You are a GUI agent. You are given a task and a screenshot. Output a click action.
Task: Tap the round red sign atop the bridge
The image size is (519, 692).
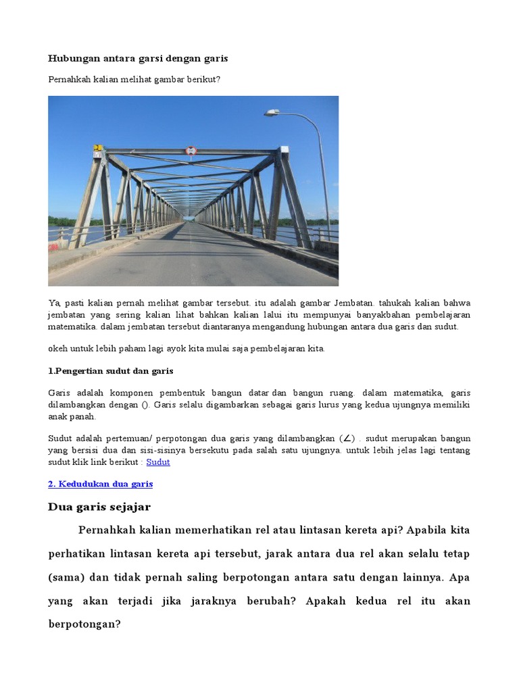click(191, 150)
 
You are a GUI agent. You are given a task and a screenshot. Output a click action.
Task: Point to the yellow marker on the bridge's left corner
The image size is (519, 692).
click(98, 148)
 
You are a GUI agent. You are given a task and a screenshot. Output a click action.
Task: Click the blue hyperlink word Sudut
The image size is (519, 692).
click(158, 462)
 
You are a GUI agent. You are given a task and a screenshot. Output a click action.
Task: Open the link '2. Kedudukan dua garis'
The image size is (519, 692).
click(101, 484)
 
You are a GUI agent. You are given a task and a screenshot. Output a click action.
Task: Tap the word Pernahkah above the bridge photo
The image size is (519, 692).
click(70, 79)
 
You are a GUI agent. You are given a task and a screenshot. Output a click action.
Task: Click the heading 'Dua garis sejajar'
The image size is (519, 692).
click(99, 507)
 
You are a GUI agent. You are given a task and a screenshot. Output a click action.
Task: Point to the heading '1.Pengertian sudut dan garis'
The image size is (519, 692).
click(111, 371)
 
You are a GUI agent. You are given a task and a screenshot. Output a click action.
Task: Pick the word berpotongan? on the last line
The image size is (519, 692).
click(84, 624)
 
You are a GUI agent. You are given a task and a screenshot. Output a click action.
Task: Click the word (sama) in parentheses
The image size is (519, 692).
click(66, 577)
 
